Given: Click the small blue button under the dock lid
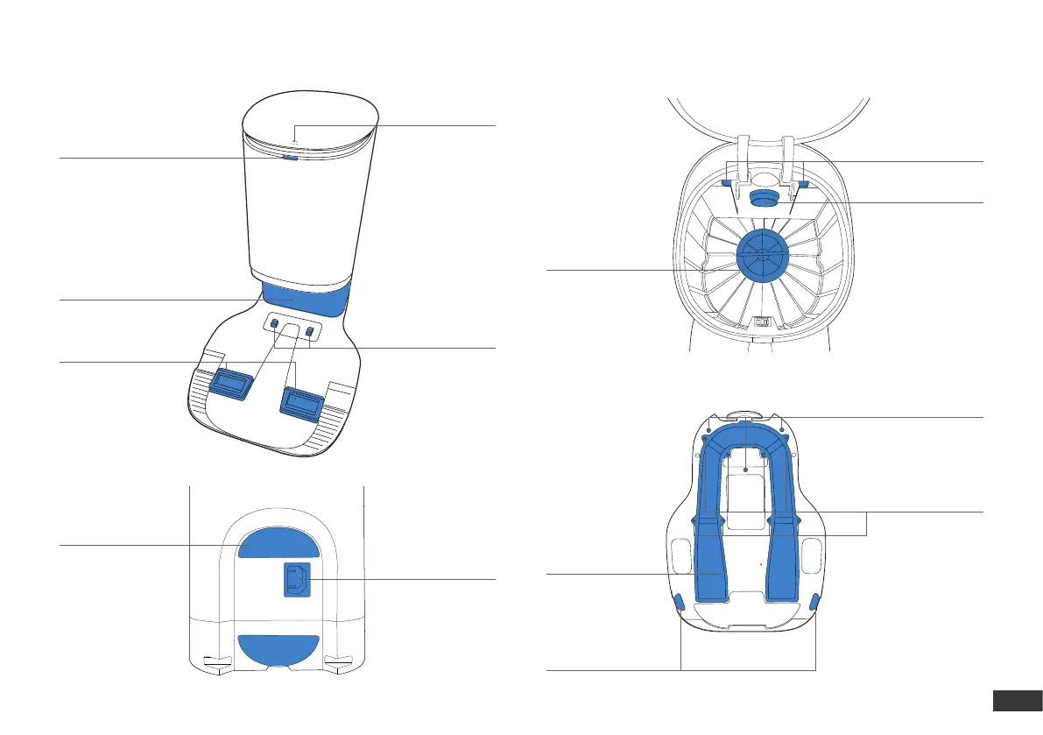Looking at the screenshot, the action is click(291, 158).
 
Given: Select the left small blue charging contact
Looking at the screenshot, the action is click(272, 325).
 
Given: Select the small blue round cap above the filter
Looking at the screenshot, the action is click(759, 195).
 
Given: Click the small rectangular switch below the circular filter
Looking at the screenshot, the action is click(760, 322).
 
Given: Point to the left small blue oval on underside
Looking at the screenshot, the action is click(679, 600).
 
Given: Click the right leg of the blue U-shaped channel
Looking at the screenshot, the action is click(781, 561).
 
